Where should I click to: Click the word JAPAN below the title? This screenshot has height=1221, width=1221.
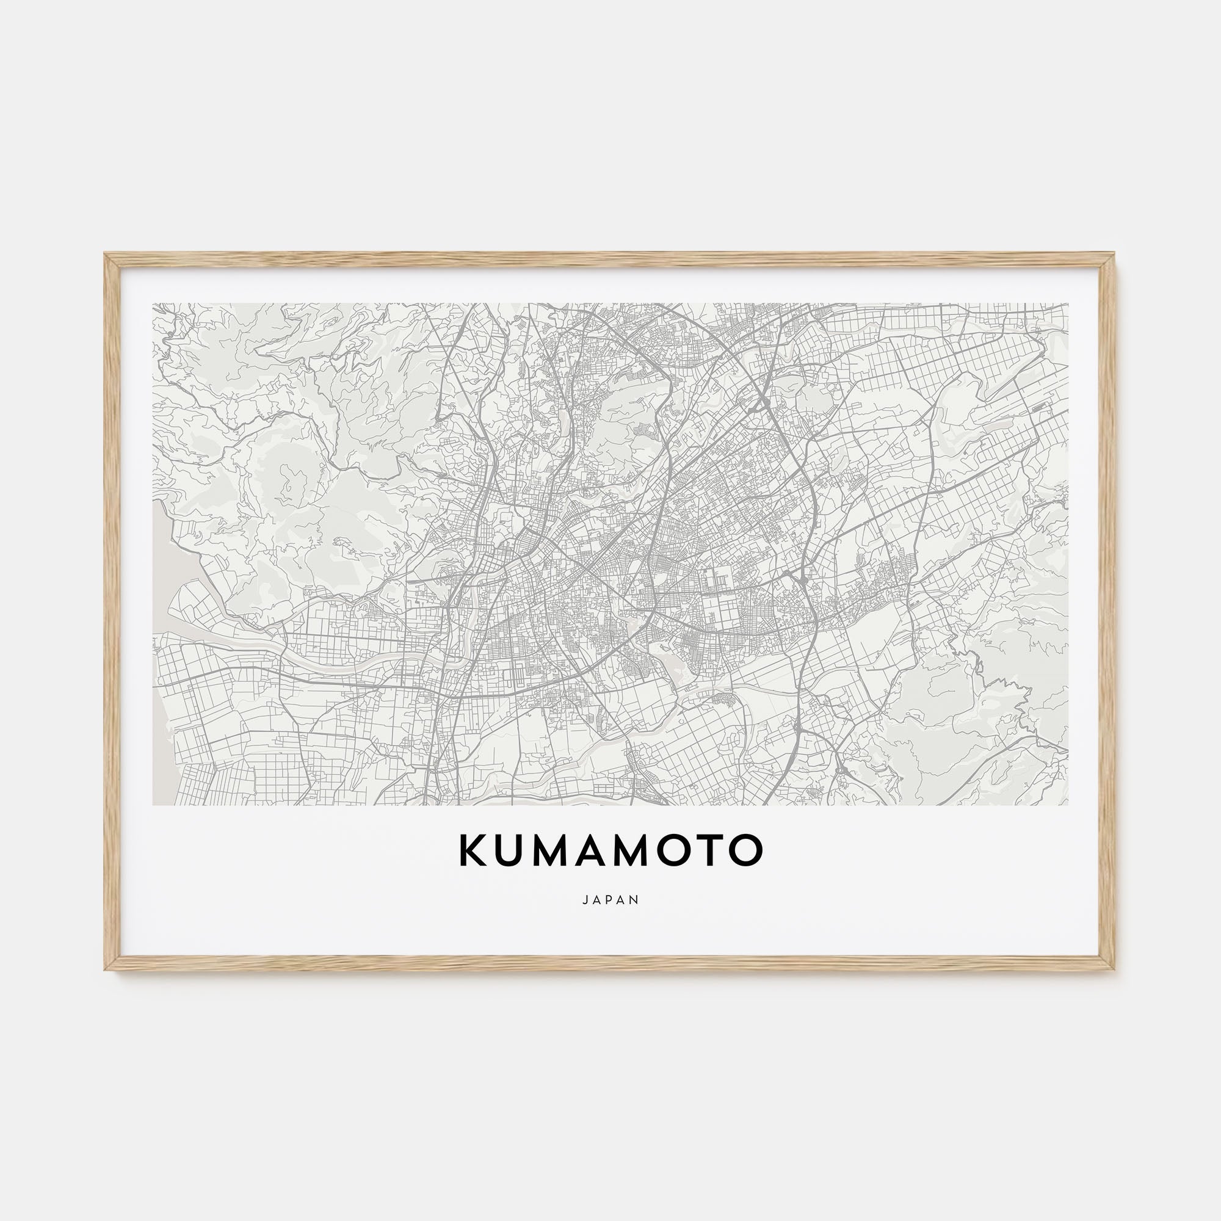point(610,900)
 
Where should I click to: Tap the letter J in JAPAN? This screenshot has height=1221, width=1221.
point(585,900)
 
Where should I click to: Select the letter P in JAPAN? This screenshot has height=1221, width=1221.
point(610,900)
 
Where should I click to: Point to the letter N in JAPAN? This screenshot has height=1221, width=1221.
point(636,900)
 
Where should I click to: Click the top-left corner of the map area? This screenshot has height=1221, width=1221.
point(154,304)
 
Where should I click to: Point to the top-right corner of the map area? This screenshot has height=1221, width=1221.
point(1067,304)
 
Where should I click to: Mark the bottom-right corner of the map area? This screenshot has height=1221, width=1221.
point(1067,805)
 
